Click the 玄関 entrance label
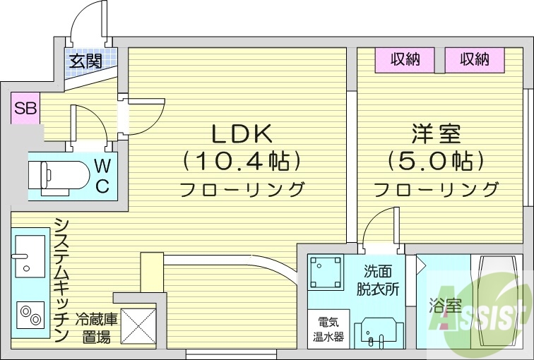click(85, 61)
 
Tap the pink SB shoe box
click(25, 109)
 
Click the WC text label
click(102, 176)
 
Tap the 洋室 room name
click(435, 133)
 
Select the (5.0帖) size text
click(435, 162)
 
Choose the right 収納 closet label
click(474, 59)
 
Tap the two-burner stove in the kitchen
click(29, 313)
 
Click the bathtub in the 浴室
click(500, 304)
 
